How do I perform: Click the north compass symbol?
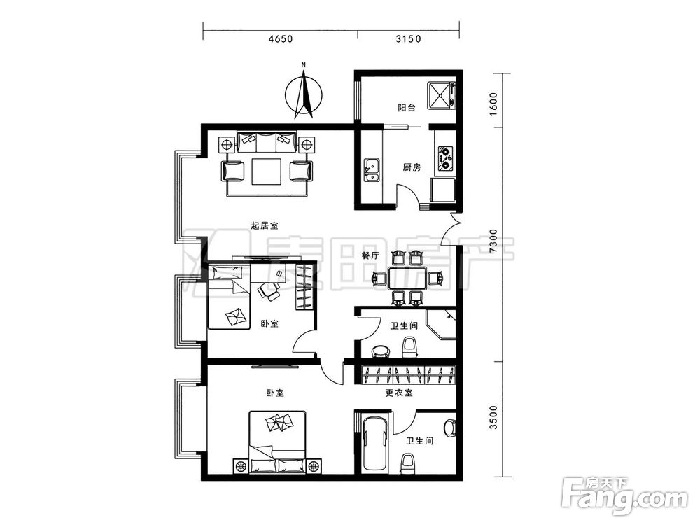304,94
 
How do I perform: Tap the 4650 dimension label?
281,39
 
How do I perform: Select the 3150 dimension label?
409,39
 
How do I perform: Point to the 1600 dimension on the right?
493,104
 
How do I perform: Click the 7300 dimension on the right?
493,241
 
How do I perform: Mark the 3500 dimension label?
493,417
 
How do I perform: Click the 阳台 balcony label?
407,108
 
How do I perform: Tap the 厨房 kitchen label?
412,167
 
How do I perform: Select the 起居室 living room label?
265,225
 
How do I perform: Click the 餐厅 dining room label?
370,255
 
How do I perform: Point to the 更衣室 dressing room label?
399,393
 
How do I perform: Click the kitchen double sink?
372,170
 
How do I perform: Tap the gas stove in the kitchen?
445,157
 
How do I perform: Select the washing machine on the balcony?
441,95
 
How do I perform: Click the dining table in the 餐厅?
407,279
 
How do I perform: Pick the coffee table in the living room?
267,171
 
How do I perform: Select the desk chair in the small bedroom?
269,291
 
